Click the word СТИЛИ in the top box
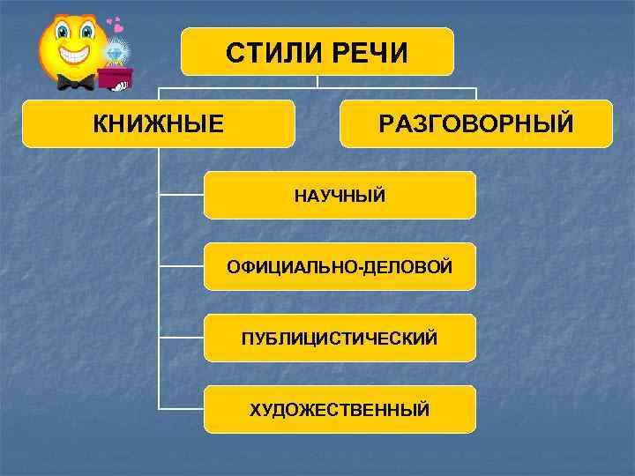(274, 53)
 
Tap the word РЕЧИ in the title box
(371, 53)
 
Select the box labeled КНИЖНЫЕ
(159, 123)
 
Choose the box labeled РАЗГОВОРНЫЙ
(476, 123)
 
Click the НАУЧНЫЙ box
(340, 195)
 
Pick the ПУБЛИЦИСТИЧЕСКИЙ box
(340, 338)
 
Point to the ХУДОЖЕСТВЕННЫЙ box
(340, 409)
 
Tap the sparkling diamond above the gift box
(117, 55)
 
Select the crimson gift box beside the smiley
(115, 78)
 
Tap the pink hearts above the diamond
(114, 23)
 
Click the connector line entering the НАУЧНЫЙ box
(181, 195)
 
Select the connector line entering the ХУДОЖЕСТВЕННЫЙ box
(181, 409)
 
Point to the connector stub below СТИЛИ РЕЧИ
(317, 81)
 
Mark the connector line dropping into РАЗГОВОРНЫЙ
(476, 93)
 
